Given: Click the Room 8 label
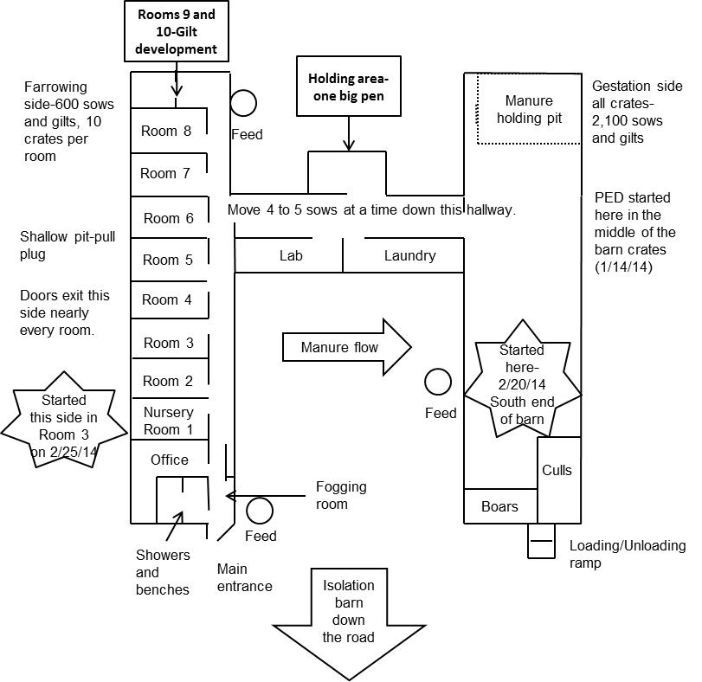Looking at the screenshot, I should point(169,132).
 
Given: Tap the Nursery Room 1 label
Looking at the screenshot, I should point(169,421).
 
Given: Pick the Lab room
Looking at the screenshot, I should point(290,256).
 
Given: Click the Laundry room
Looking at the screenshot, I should point(409,256).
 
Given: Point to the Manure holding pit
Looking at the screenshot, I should point(534,109).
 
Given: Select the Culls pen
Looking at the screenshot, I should point(557,470).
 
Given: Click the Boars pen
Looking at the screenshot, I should point(499,506).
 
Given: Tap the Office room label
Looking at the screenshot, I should point(169,460).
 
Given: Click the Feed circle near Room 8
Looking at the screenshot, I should point(243,104).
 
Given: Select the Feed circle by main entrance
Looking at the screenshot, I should point(260,511).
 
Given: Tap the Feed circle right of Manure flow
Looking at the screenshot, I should point(438,382).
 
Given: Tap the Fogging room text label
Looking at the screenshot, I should point(341,495).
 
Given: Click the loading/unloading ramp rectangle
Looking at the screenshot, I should point(540,541).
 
